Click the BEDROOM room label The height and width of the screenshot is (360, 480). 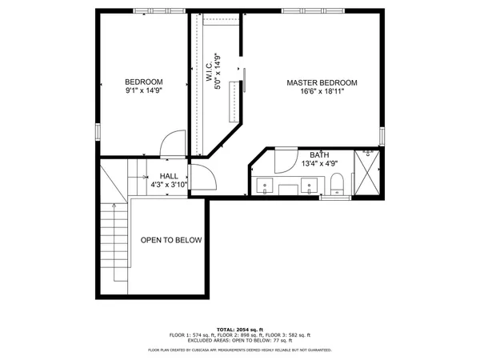[x=144, y=82]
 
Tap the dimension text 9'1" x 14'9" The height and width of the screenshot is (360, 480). [x=144, y=92]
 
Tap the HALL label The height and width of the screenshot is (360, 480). [x=169, y=176]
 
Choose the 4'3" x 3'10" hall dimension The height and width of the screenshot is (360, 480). [x=169, y=185]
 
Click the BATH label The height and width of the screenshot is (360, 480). [x=319, y=154]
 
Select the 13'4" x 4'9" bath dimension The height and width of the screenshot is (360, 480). [x=319, y=164]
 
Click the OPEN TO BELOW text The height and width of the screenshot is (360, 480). [x=171, y=240]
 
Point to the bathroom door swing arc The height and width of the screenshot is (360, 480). [x=285, y=162]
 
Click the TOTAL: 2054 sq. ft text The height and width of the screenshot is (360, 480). [x=240, y=330]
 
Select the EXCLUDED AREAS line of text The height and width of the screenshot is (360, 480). [x=240, y=341]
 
